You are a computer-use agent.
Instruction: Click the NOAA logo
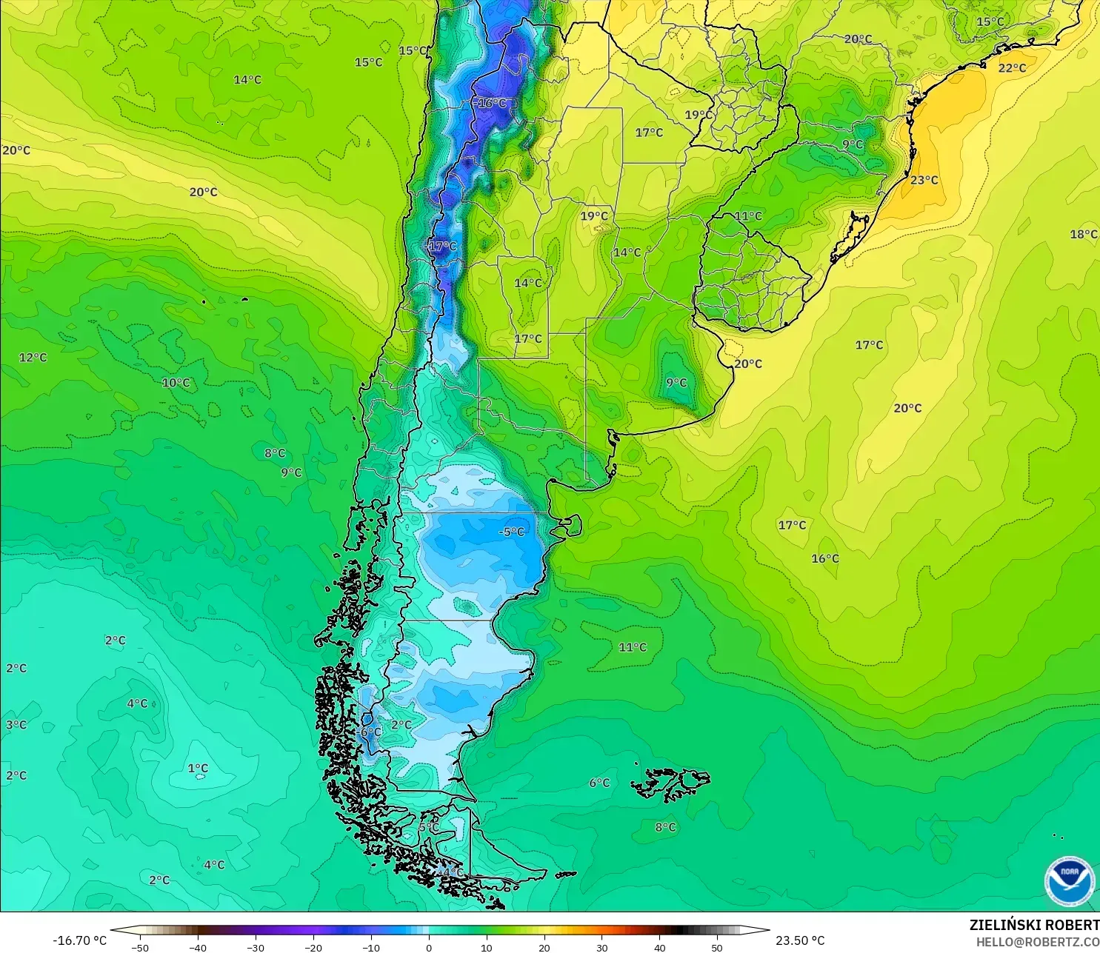coord(1069,881)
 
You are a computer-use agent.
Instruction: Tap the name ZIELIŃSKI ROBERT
coord(1034,925)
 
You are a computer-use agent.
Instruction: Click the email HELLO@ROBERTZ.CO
coord(1037,942)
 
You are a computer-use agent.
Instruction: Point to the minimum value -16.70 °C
coord(79,940)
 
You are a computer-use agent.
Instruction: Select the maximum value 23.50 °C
coord(800,940)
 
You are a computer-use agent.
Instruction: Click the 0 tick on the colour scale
coord(428,947)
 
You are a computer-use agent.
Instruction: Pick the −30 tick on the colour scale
coord(255,947)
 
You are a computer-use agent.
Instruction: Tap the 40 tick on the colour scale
coord(659,947)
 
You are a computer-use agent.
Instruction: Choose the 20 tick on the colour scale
coord(544,947)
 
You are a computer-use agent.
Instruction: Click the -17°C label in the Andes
coord(442,246)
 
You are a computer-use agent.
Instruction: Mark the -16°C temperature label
coord(491,104)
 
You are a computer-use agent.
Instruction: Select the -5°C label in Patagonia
coord(511,532)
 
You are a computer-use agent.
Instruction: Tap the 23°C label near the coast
coord(924,180)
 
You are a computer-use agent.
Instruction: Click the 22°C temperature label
coord(1012,68)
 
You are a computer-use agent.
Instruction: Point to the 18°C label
coord(1083,234)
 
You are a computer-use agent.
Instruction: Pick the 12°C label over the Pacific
coord(33,358)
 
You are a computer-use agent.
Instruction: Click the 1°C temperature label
coord(198,769)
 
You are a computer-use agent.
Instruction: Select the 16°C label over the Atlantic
coord(824,558)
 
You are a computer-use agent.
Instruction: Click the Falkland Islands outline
coord(670,784)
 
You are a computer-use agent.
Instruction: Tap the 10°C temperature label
coord(176,383)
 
